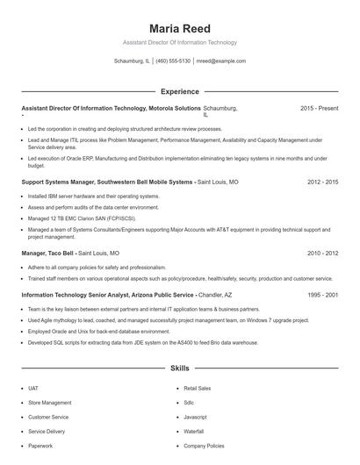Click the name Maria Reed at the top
pos(179,28)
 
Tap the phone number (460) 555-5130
pos(173,61)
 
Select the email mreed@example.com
pos(220,61)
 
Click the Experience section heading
pos(179,91)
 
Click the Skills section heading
pos(179,368)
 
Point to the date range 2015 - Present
pos(319,108)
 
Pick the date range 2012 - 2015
pos(322,182)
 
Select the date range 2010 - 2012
pos(322,253)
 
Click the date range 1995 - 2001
pos(322,296)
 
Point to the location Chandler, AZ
pos(216,296)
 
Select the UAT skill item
pos(33,388)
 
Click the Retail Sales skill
pos(197,388)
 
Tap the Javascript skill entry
pos(195,417)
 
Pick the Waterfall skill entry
pos(193,432)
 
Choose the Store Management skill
pos(49,403)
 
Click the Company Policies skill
pos(203,446)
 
